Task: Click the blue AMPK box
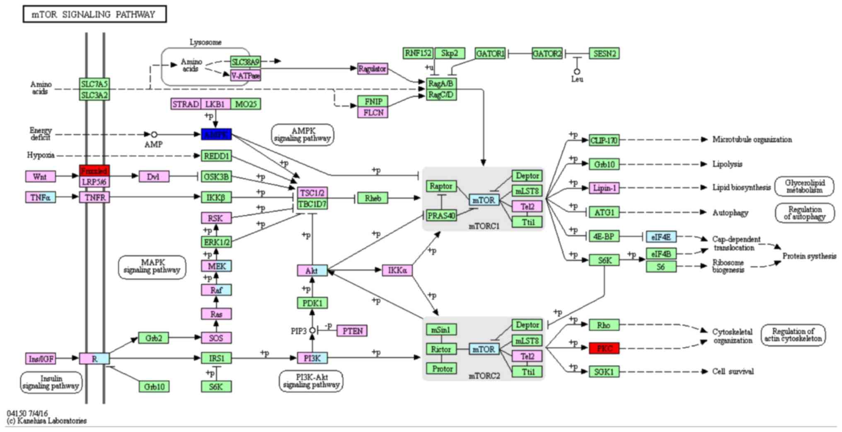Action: click(216, 134)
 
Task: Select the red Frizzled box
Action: click(94, 170)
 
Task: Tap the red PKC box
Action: click(604, 348)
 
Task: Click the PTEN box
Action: click(352, 331)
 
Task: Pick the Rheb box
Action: click(373, 198)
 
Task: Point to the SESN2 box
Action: click(604, 53)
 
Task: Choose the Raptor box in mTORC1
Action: click(441, 186)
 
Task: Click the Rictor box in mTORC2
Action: click(441, 349)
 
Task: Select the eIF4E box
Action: click(661, 237)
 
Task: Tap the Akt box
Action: click(312, 271)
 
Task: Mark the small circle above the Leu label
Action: click(577, 72)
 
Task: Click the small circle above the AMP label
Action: click(154, 134)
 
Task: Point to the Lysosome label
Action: click(206, 42)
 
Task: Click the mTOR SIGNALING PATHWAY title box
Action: click(94, 15)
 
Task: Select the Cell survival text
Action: click(733, 371)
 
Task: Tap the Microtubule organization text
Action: click(752, 140)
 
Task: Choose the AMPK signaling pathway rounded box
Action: click(302, 135)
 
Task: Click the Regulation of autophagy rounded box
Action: click(805, 213)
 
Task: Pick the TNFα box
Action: click(41, 197)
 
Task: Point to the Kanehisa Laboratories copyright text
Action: click(47, 421)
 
